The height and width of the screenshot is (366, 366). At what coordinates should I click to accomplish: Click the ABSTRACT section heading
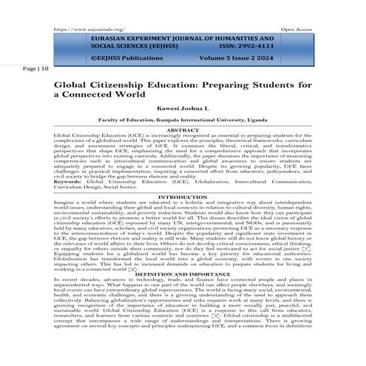click(x=183, y=131)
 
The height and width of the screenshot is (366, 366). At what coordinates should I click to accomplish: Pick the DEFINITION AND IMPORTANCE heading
click(x=183, y=271)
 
